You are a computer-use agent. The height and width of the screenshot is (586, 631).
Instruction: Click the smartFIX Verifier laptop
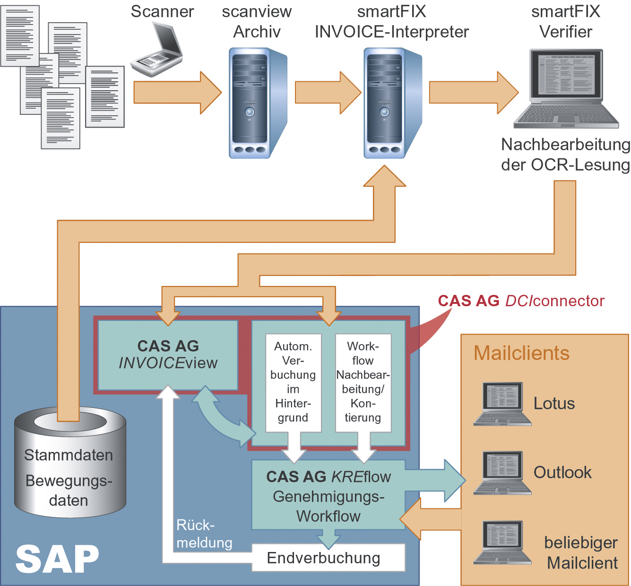[566, 89]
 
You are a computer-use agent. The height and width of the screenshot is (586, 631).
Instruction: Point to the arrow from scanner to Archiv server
[177, 93]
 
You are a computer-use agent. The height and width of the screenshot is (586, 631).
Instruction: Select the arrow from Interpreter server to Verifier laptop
[473, 93]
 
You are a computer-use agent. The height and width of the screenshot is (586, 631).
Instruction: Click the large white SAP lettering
[57, 560]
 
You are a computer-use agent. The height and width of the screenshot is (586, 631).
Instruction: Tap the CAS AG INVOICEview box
[168, 355]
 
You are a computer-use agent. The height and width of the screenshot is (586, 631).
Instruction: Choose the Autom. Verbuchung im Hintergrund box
[293, 382]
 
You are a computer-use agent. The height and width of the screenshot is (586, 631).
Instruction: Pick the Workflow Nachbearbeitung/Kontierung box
[363, 382]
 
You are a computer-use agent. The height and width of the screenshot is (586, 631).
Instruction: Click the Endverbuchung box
[328, 558]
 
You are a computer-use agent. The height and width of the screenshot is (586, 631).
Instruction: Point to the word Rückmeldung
[204, 534]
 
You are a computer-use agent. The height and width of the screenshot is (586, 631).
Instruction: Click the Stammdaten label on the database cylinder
[69, 455]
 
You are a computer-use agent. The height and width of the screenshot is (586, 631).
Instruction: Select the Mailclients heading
[521, 353]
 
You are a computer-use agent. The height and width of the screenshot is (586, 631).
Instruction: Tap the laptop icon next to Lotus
[502, 404]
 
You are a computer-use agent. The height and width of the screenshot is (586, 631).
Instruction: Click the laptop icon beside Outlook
[502, 473]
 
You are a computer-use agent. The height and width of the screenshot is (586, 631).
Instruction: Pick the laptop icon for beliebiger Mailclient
[502, 543]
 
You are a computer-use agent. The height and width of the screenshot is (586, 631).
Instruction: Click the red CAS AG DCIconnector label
[521, 301]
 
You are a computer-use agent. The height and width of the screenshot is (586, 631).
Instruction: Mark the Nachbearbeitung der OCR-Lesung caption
[565, 155]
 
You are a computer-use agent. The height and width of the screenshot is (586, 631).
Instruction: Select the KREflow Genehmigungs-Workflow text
[328, 496]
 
